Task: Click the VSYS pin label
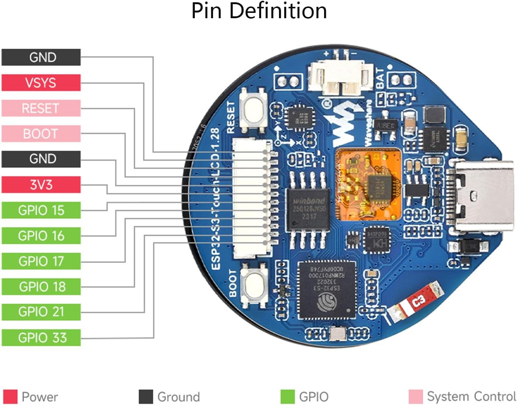point(41,83)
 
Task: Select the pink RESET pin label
point(41,108)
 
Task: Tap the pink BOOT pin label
point(41,133)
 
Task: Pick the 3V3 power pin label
point(41,185)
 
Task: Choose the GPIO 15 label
point(41,210)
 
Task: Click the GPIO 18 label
point(41,287)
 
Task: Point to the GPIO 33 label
point(41,337)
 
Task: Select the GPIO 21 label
point(41,312)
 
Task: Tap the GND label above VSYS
point(41,57)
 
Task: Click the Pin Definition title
point(259,11)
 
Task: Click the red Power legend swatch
point(10,397)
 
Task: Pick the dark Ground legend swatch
point(146,397)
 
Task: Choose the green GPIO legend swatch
point(287,397)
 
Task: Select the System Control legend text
point(471,397)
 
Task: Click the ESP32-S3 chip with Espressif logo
point(327,290)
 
